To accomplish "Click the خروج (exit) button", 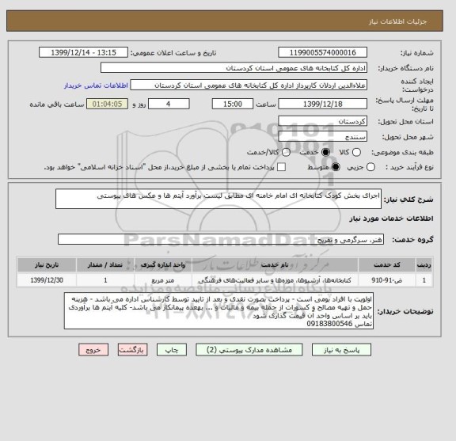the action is coord(93,349).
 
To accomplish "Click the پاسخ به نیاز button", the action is coord(344,349).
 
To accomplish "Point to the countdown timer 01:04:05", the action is coord(105,104).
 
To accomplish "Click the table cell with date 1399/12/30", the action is coord(40,279).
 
